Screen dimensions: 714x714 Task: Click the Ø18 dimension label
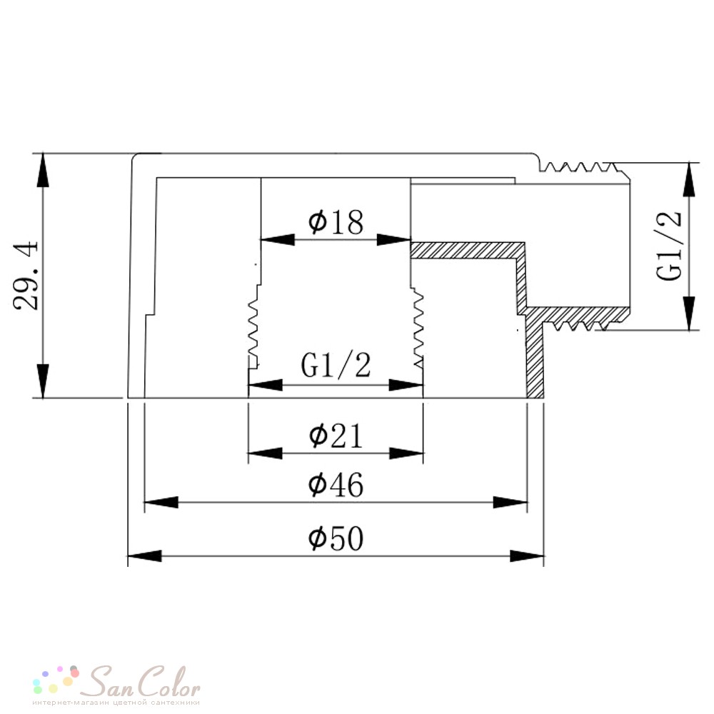(x=336, y=222)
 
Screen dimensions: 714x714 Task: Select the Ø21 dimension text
(x=336, y=436)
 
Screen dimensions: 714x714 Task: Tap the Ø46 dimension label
(x=336, y=485)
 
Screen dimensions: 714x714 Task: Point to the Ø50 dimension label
(x=336, y=538)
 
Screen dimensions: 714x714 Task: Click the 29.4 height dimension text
(x=26, y=276)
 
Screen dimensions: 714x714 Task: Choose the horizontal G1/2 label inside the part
(x=336, y=365)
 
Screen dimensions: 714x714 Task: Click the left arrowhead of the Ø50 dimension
(x=144, y=556)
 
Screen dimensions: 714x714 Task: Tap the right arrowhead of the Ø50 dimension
(x=527, y=556)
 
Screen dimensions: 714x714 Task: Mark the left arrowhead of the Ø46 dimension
(x=161, y=502)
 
